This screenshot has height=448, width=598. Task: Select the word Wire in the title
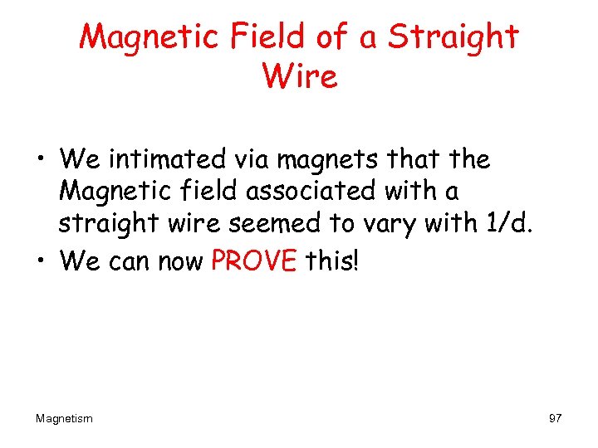(x=299, y=77)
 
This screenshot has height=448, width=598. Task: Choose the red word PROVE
(x=254, y=261)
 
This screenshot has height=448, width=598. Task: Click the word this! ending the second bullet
(x=333, y=261)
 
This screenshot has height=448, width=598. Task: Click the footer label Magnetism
(x=64, y=419)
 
